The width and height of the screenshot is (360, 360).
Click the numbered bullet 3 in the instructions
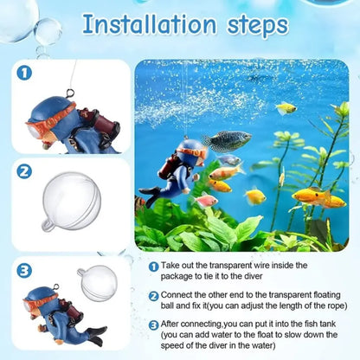coord(153,325)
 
